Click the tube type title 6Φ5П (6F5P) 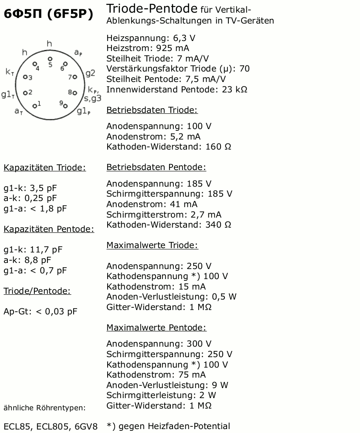(48, 14)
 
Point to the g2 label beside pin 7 (90, 73)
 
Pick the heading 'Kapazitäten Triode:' (44, 168)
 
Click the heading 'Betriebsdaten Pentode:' (156, 167)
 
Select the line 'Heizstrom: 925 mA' (148, 48)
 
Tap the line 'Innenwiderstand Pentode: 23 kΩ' (177, 89)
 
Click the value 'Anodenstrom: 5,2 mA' (153, 136)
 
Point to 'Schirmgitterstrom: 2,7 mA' (163, 215)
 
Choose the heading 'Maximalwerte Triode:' (152, 245)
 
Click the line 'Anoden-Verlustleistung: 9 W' (167, 385)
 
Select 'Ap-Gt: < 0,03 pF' (41, 311)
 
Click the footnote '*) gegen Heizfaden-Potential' (168, 426)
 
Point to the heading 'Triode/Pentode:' (37, 291)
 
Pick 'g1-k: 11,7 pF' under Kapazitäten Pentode (33, 250)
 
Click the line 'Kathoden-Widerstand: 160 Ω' (169, 147)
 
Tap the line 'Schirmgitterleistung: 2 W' (161, 395)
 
